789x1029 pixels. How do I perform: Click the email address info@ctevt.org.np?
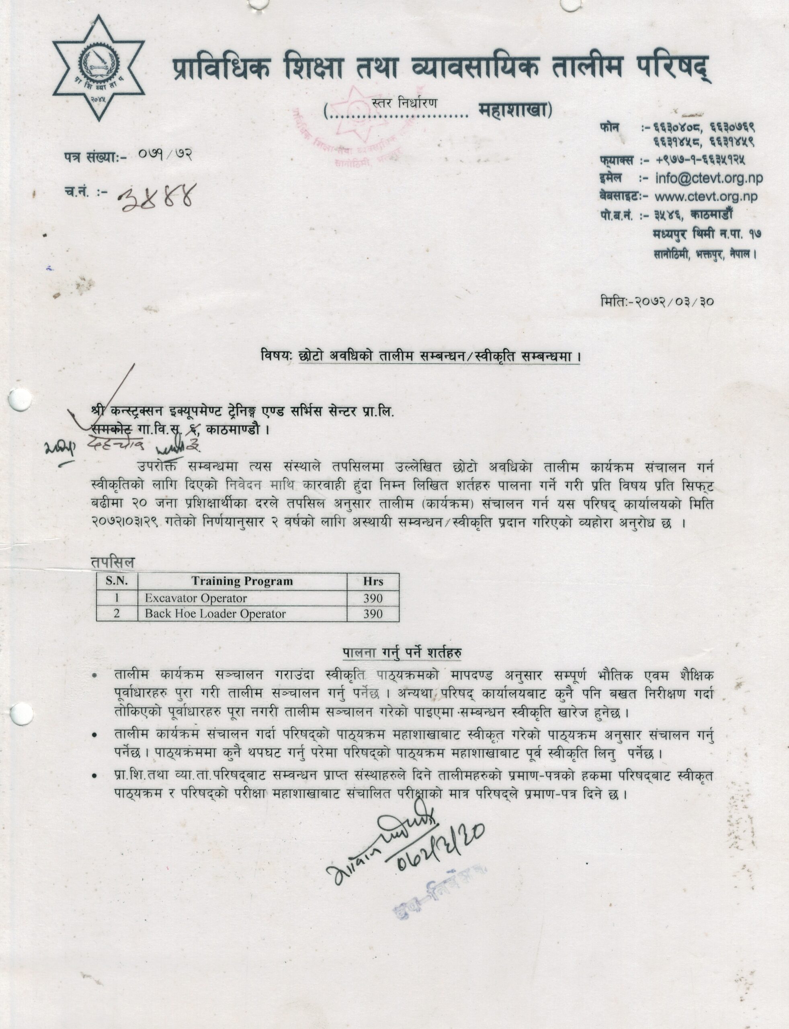[x=709, y=178]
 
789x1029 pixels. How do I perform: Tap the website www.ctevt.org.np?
[x=706, y=196]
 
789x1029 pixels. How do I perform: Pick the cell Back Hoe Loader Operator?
[x=215, y=614]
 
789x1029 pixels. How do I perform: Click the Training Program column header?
[x=242, y=581]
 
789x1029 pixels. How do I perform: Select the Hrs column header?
[x=373, y=581]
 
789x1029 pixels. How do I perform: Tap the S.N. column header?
[x=117, y=581]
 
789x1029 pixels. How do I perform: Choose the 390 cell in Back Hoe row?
[x=373, y=614]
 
